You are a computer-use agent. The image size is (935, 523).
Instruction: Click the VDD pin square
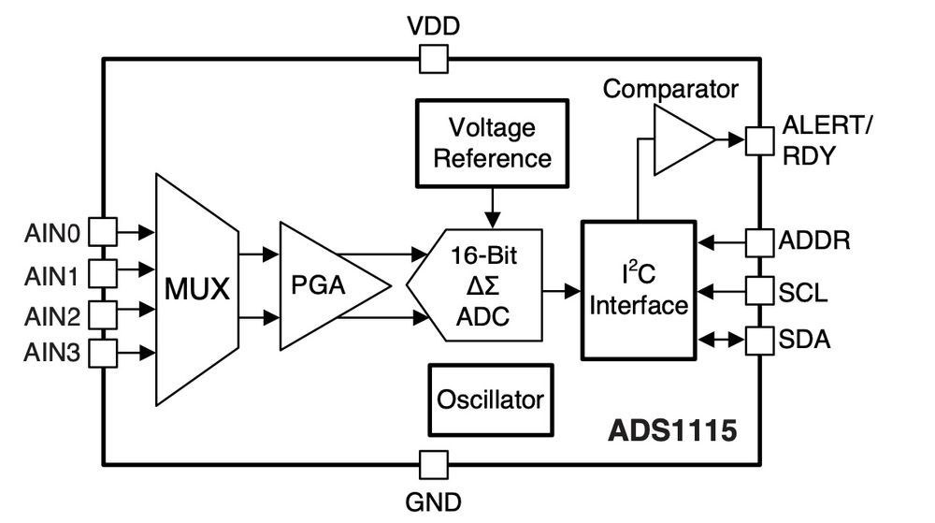433,60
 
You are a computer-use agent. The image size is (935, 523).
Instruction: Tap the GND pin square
433,464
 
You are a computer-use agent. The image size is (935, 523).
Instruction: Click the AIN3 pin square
103,353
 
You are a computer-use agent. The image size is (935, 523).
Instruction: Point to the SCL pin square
758,291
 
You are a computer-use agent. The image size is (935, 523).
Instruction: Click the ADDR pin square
758,241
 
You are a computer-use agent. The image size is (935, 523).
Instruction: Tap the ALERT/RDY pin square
758,140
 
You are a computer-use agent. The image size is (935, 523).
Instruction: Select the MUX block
196,289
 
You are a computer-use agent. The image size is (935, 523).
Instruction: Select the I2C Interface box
639,290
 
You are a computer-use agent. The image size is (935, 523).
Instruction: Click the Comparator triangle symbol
680,140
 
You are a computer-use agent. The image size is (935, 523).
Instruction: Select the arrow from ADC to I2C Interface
562,291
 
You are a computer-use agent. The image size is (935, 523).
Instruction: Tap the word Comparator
670,89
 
